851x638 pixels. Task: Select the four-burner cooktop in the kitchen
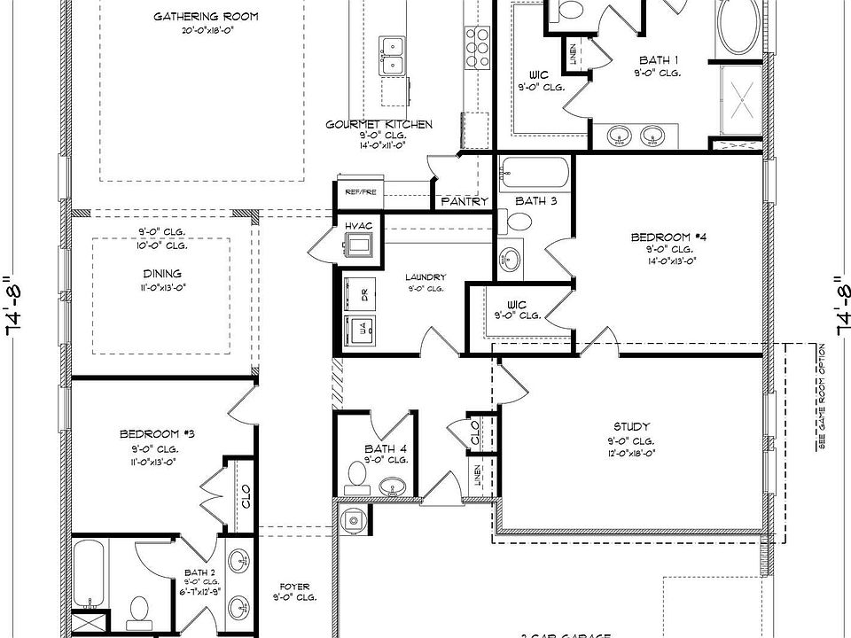point(476,39)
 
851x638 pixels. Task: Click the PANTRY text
point(465,202)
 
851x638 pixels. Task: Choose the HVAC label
point(358,227)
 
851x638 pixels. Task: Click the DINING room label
point(161,274)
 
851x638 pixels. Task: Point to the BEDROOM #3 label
point(157,434)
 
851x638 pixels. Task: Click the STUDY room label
point(631,426)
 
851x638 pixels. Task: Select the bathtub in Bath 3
point(534,172)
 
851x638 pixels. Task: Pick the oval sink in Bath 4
point(392,486)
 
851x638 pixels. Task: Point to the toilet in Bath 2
point(139,610)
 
